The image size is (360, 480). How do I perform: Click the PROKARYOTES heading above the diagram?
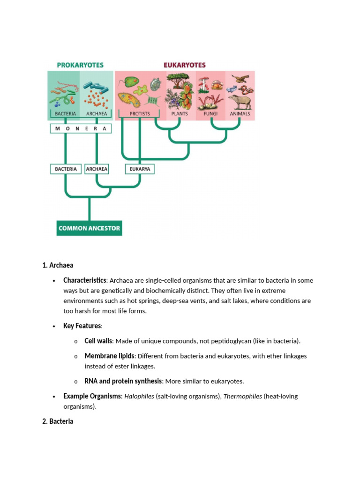(80, 65)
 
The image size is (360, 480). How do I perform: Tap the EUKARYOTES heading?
(184, 65)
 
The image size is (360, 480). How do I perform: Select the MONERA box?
(81, 128)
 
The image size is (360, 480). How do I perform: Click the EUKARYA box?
(140, 169)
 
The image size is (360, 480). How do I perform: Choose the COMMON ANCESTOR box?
(89, 228)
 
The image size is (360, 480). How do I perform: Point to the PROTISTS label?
(140, 113)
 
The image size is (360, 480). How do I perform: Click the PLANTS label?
(180, 113)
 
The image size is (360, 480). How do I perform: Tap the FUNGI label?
(210, 113)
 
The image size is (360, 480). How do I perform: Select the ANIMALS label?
(240, 113)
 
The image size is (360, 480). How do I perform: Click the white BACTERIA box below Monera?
(66, 169)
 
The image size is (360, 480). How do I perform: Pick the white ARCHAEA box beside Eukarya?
(97, 169)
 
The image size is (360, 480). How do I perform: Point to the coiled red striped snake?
(245, 89)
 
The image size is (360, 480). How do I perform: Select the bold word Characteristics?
(85, 280)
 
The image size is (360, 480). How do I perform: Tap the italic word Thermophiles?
(242, 397)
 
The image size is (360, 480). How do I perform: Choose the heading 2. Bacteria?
(58, 421)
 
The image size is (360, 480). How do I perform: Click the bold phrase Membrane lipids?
(109, 356)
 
